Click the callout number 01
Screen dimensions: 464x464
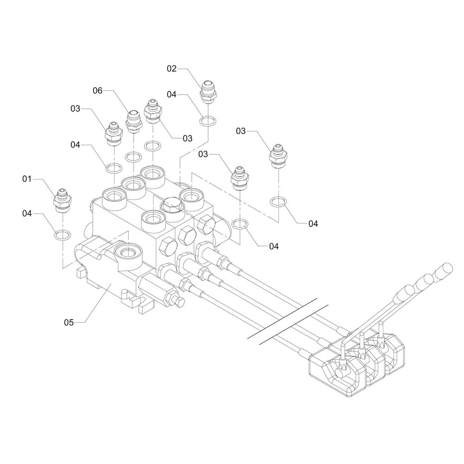click(26, 179)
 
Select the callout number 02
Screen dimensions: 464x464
click(172, 69)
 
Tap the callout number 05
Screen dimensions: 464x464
click(69, 322)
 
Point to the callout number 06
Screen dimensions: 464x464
click(97, 90)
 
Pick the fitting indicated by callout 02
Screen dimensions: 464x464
click(209, 92)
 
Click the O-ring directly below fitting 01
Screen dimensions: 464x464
click(63, 235)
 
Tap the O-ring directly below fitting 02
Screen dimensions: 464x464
click(208, 121)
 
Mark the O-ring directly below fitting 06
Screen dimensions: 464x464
click(134, 157)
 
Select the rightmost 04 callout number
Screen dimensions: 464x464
click(313, 224)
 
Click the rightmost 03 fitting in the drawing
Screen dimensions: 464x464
click(278, 156)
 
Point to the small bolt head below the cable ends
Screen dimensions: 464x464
click(180, 302)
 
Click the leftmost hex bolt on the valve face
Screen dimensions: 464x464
click(168, 246)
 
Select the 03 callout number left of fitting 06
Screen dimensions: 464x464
click(75, 109)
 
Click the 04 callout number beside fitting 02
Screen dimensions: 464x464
click(172, 94)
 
